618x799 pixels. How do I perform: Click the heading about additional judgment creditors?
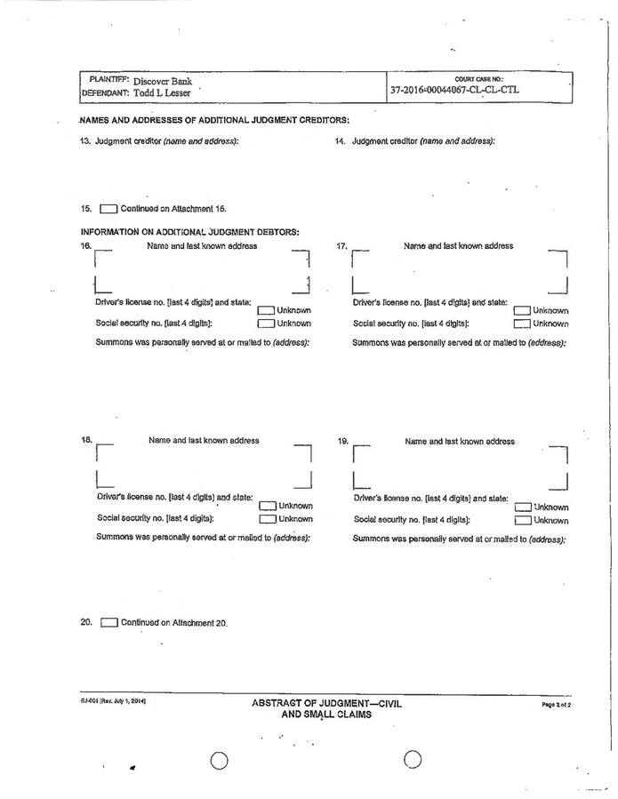click(214, 120)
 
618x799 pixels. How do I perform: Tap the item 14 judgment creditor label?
click(423, 141)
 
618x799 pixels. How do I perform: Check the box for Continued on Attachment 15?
click(108, 209)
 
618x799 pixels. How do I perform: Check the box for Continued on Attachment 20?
click(108, 623)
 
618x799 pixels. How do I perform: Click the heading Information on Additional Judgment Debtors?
click(189, 233)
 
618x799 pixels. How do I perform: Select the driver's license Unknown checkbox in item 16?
click(266, 311)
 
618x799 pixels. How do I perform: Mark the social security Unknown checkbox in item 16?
click(266, 324)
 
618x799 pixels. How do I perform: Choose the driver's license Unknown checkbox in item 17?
click(522, 311)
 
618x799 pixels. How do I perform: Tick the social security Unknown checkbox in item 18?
click(268, 519)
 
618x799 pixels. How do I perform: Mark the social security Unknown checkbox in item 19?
click(522, 521)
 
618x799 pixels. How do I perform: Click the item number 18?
click(86, 440)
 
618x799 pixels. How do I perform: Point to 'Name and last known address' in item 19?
click(459, 441)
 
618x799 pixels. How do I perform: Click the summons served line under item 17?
click(459, 342)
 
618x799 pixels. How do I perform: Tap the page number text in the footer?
click(555, 704)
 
